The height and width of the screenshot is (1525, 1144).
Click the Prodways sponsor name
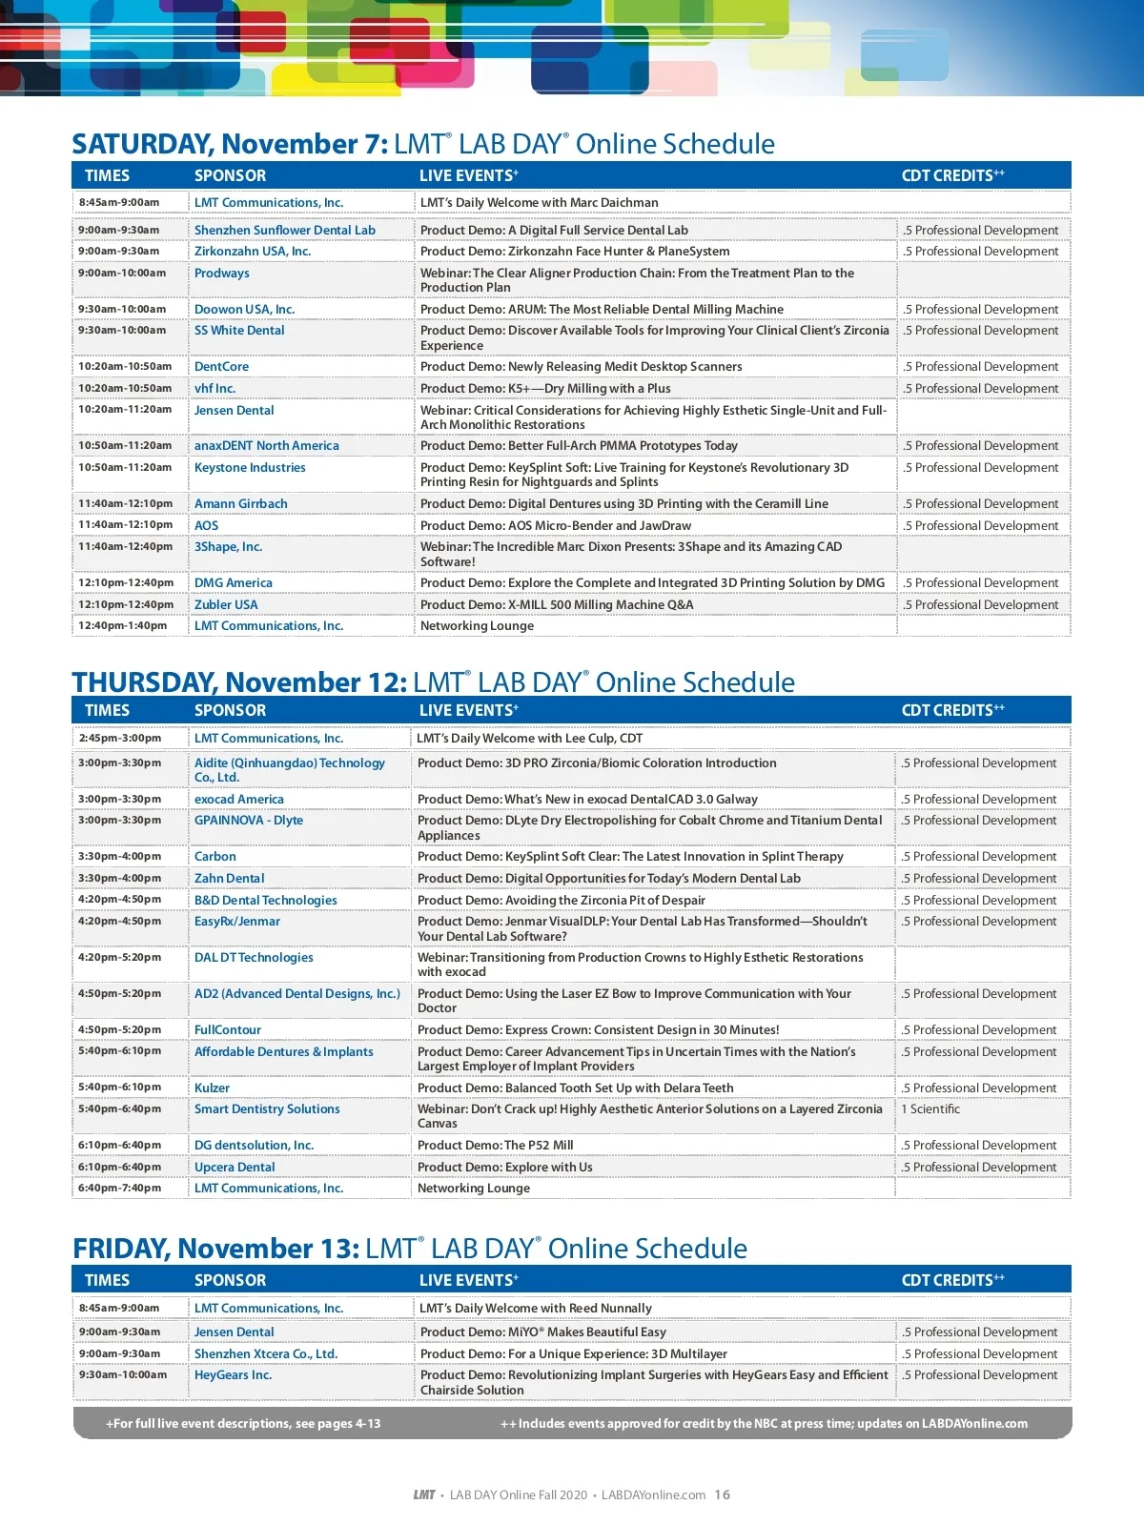tap(221, 274)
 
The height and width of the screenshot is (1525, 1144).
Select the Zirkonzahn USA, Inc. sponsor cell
tap(253, 252)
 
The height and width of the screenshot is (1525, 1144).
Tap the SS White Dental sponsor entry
tap(239, 331)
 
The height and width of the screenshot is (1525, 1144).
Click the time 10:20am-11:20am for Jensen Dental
tap(125, 410)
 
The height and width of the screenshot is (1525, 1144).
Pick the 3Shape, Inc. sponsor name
tap(228, 547)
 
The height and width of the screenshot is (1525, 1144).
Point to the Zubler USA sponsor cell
tap(226, 605)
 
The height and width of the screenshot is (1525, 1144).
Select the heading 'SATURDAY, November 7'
tap(230, 144)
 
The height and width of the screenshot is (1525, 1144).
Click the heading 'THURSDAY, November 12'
tap(239, 682)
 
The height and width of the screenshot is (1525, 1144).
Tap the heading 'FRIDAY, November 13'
tap(215, 1249)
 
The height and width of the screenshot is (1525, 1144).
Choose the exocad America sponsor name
tap(239, 800)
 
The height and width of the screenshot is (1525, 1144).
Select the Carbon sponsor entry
tap(215, 857)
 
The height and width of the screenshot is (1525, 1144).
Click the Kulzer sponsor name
tap(212, 1088)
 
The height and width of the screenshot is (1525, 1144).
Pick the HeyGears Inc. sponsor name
tap(233, 1375)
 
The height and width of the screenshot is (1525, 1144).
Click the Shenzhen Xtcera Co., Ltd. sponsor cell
tap(266, 1354)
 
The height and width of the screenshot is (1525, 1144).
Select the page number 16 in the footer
tap(723, 1494)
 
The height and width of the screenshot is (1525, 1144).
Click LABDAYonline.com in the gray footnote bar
tap(974, 1424)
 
